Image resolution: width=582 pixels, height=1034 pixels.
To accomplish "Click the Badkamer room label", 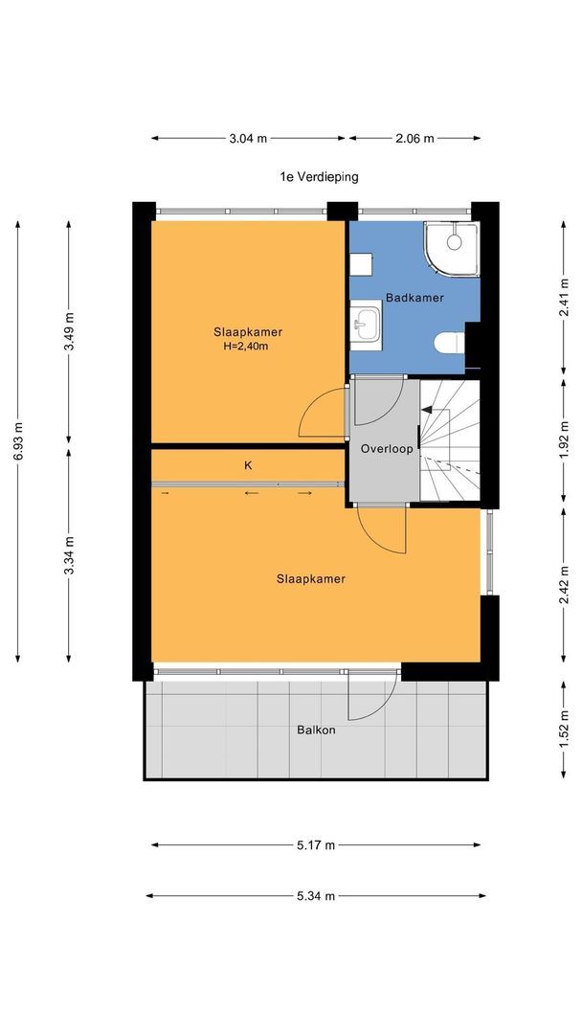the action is pyautogui.click(x=414, y=298).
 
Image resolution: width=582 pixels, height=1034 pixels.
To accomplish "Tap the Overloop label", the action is pyautogui.click(x=387, y=448).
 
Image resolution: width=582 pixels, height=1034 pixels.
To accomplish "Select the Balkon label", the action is pyautogui.click(x=316, y=730).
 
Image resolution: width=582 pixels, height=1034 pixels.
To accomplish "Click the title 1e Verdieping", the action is pyautogui.click(x=319, y=177).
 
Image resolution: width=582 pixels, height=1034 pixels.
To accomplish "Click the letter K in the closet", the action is pyautogui.click(x=249, y=465).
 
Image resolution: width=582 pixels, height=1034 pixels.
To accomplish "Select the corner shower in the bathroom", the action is pyautogui.click(x=452, y=249).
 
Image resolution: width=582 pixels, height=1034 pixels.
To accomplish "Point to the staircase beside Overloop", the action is pyautogui.click(x=450, y=439).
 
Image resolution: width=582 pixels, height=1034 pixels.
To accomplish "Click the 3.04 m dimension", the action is pyautogui.click(x=249, y=139).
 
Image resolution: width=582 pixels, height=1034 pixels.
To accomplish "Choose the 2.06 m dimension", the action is pyautogui.click(x=414, y=139).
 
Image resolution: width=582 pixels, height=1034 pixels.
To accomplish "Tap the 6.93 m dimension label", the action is pyautogui.click(x=18, y=441).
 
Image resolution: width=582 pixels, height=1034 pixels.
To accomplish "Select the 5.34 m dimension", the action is pyautogui.click(x=316, y=895).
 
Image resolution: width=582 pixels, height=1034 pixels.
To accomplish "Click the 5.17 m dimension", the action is pyautogui.click(x=316, y=844).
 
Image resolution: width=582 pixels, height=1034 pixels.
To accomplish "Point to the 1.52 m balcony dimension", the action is pyautogui.click(x=564, y=730).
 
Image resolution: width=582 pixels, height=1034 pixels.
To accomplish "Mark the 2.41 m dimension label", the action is pyautogui.click(x=564, y=298).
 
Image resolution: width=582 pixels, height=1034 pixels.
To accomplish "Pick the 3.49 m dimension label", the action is pyautogui.click(x=69, y=331).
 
